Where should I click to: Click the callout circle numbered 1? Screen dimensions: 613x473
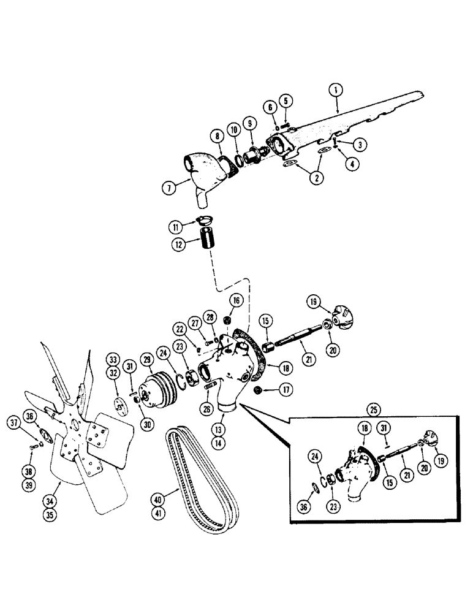click(x=335, y=88)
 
